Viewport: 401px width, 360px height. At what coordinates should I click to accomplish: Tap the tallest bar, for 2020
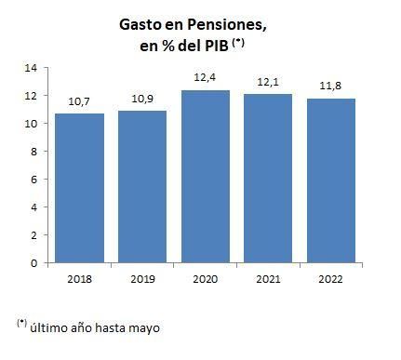click(x=206, y=176)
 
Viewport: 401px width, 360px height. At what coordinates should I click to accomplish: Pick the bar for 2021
click(x=268, y=178)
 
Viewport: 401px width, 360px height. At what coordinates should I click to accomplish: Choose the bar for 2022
click(x=331, y=180)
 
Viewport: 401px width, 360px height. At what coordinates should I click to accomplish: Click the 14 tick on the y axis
click(x=31, y=68)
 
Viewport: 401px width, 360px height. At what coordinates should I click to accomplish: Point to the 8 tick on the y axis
click(x=33, y=152)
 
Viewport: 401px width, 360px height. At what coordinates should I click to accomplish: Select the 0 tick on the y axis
click(x=33, y=263)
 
